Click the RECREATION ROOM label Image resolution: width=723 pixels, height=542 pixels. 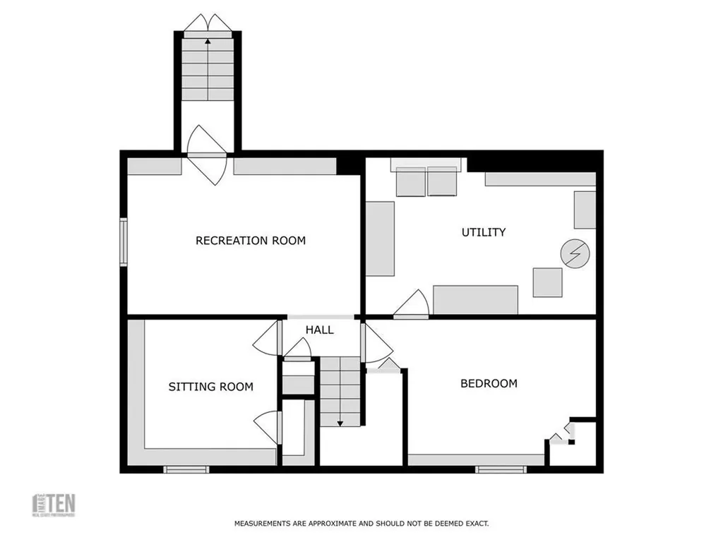click(x=251, y=241)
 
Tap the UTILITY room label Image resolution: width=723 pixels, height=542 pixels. click(x=484, y=232)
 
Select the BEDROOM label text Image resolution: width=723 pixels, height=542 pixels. click(x=489, y=383)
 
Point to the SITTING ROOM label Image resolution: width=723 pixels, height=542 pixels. click(x=210, y=387)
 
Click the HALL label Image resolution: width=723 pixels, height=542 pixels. click(x=319, y=330)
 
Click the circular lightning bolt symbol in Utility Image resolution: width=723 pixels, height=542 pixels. click(x=573, y=254)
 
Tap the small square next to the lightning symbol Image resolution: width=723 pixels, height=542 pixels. click(x=547, y=282)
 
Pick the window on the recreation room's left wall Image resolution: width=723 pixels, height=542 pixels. click(x=124, y=242)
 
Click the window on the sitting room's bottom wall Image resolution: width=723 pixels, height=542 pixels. click(x=186, y=469)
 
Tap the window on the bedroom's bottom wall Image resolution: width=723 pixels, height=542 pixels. click(x=501, y=469)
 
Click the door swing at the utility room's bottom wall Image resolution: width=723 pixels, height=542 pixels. click(x=414, y=304)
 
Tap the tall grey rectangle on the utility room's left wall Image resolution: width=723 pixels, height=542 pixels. click(x=380, y=239)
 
